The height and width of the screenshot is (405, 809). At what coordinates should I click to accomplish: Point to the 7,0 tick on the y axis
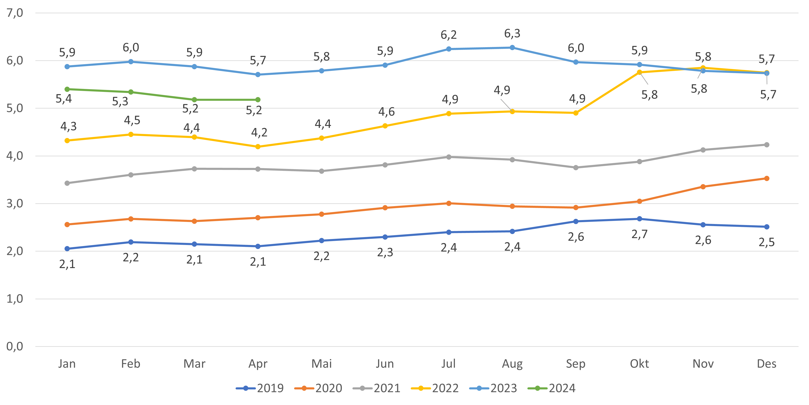15,13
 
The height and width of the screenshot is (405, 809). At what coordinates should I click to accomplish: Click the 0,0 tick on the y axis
15,347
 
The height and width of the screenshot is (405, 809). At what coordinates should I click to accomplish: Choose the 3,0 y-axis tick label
15,203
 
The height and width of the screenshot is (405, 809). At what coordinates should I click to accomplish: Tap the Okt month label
639,364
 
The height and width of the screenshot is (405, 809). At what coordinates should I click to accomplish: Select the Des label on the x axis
767,364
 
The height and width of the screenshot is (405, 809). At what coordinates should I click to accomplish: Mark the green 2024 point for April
258,100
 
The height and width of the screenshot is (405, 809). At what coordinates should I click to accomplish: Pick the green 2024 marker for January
67,90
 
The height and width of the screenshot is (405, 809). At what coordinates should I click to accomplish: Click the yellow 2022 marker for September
576,113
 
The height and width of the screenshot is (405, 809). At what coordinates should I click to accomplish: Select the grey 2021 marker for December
767,145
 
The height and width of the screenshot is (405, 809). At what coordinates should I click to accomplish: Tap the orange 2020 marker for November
703,187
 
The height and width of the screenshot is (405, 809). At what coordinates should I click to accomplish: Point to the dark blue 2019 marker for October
639,219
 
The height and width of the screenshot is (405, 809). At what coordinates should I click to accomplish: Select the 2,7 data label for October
639,234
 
